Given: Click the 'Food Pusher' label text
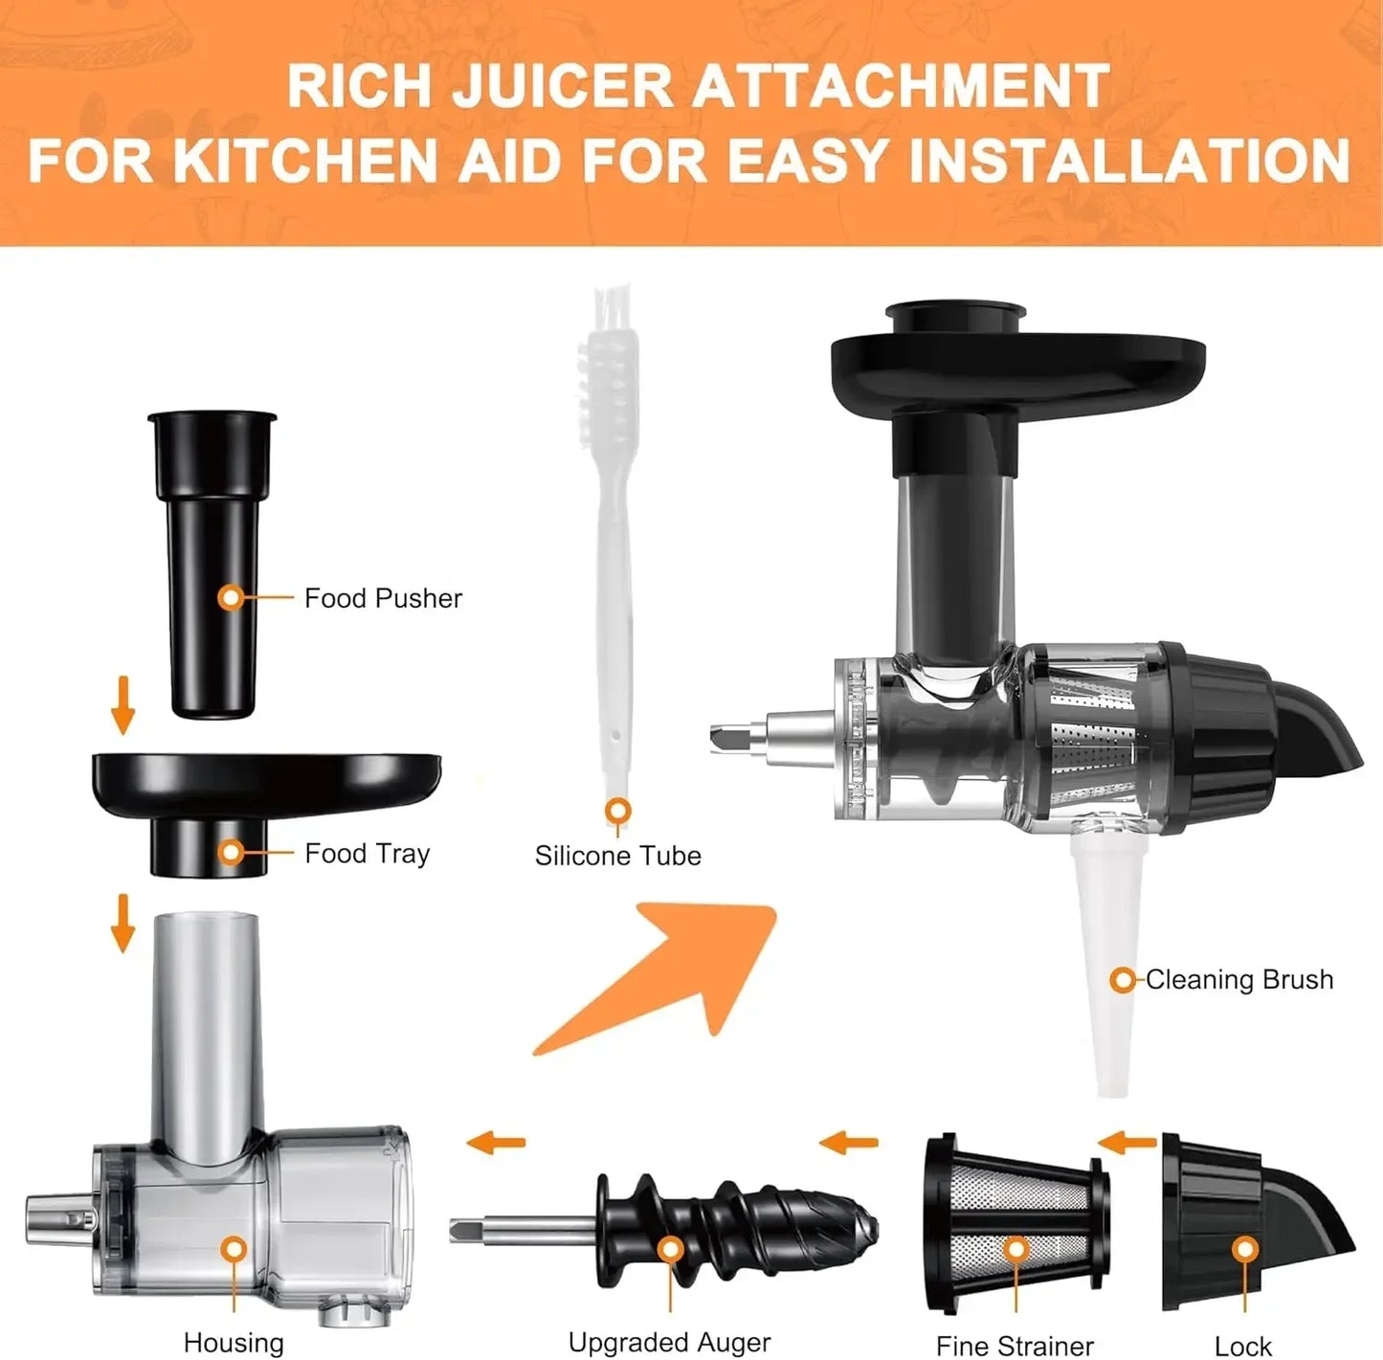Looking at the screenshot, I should pos(383,598).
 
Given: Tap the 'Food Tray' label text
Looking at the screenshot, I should pos(367,853).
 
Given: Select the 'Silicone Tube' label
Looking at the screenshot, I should pos(617,856).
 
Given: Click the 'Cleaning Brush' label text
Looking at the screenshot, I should pos(1239,979).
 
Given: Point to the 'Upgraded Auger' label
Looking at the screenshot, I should pos(669,1342).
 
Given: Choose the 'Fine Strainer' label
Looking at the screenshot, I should pos(1015,1346).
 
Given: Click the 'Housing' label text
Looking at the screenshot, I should pos(234,1343).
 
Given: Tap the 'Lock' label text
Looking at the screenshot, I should pos(1243,1346).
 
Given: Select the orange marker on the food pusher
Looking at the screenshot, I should pos(231,597).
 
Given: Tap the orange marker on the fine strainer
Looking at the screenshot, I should pos(1016,1250).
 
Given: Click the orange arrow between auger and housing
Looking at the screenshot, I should pos(496,1141).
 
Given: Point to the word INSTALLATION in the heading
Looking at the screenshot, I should pos(1129,160).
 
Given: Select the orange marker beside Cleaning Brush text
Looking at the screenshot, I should pos(1123,980).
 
